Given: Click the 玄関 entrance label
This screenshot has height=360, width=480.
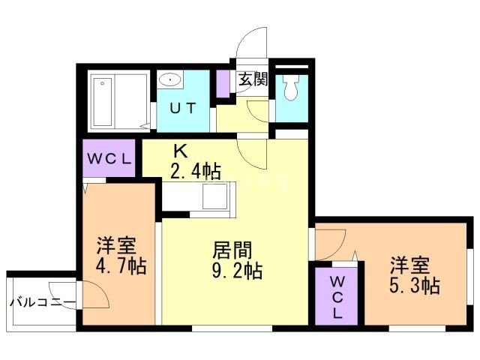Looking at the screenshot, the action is tap(253, 79).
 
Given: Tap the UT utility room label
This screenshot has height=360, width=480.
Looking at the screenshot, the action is tap(183, 108).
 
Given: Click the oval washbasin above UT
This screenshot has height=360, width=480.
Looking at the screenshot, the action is tap(169, 80).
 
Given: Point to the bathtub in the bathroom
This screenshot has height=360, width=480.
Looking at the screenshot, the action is tap(103, 102).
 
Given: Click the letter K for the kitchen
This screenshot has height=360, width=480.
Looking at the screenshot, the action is tap(181, 151).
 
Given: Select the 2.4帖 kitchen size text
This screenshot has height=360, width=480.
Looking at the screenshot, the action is tap(196, 172).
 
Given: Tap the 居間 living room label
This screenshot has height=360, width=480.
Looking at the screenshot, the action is tap(232, 250).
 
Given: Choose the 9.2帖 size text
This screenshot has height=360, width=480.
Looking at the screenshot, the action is tap(238, 271).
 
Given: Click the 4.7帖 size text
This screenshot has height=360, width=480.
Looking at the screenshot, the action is tap(121, 265).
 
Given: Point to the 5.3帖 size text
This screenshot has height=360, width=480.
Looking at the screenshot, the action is tap(415, 286).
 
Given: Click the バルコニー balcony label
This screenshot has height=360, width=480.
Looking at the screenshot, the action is tap(43, 303).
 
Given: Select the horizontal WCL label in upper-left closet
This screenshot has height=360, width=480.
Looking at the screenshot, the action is tap(109, 159).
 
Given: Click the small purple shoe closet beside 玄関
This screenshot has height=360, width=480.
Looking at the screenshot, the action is tap(223, 83).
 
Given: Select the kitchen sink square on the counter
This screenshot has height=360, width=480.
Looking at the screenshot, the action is tap(214, 196).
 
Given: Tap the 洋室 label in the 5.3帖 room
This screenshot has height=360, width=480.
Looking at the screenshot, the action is tap(410, 265).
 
